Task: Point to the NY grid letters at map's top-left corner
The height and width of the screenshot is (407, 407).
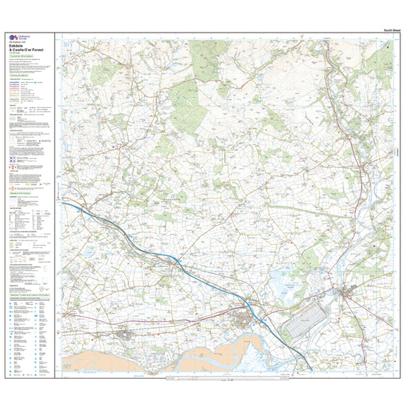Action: coord(71,41)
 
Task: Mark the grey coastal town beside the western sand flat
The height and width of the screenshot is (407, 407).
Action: coord(123,337)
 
